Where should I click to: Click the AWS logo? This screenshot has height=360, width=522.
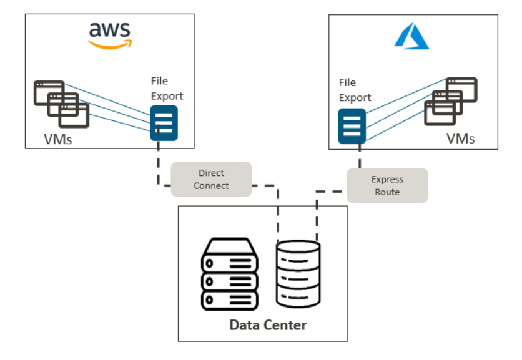point(109,36)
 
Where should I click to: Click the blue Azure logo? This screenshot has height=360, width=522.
point(412,36)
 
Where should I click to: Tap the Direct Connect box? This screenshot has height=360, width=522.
point(211,179)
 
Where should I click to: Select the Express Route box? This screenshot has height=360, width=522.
point(387,186)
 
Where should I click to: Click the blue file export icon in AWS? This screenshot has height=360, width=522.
point(164,123)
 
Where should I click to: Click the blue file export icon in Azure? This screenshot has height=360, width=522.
point(352,127)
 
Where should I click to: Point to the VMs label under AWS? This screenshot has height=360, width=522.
point(58,139)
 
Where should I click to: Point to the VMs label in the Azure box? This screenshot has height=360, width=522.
point(460,139)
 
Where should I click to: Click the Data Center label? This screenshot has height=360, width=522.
point(268,325)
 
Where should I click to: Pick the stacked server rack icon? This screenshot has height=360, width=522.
point(229,274)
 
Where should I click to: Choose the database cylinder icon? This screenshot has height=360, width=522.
point(298,274)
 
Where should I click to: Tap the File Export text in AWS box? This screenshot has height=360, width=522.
point(167,89)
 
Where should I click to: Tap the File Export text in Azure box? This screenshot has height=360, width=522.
point(355,90)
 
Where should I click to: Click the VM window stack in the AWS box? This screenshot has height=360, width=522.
point(62,104)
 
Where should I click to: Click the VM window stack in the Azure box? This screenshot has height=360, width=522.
point(451,102)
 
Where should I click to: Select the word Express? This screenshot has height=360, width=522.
point(387,180)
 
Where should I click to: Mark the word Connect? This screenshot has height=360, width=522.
point(211,186)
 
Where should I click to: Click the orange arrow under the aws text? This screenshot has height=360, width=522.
point(110,44)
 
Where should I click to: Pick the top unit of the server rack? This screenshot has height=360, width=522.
point(229,256)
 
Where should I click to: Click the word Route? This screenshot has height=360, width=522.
point(387,192)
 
